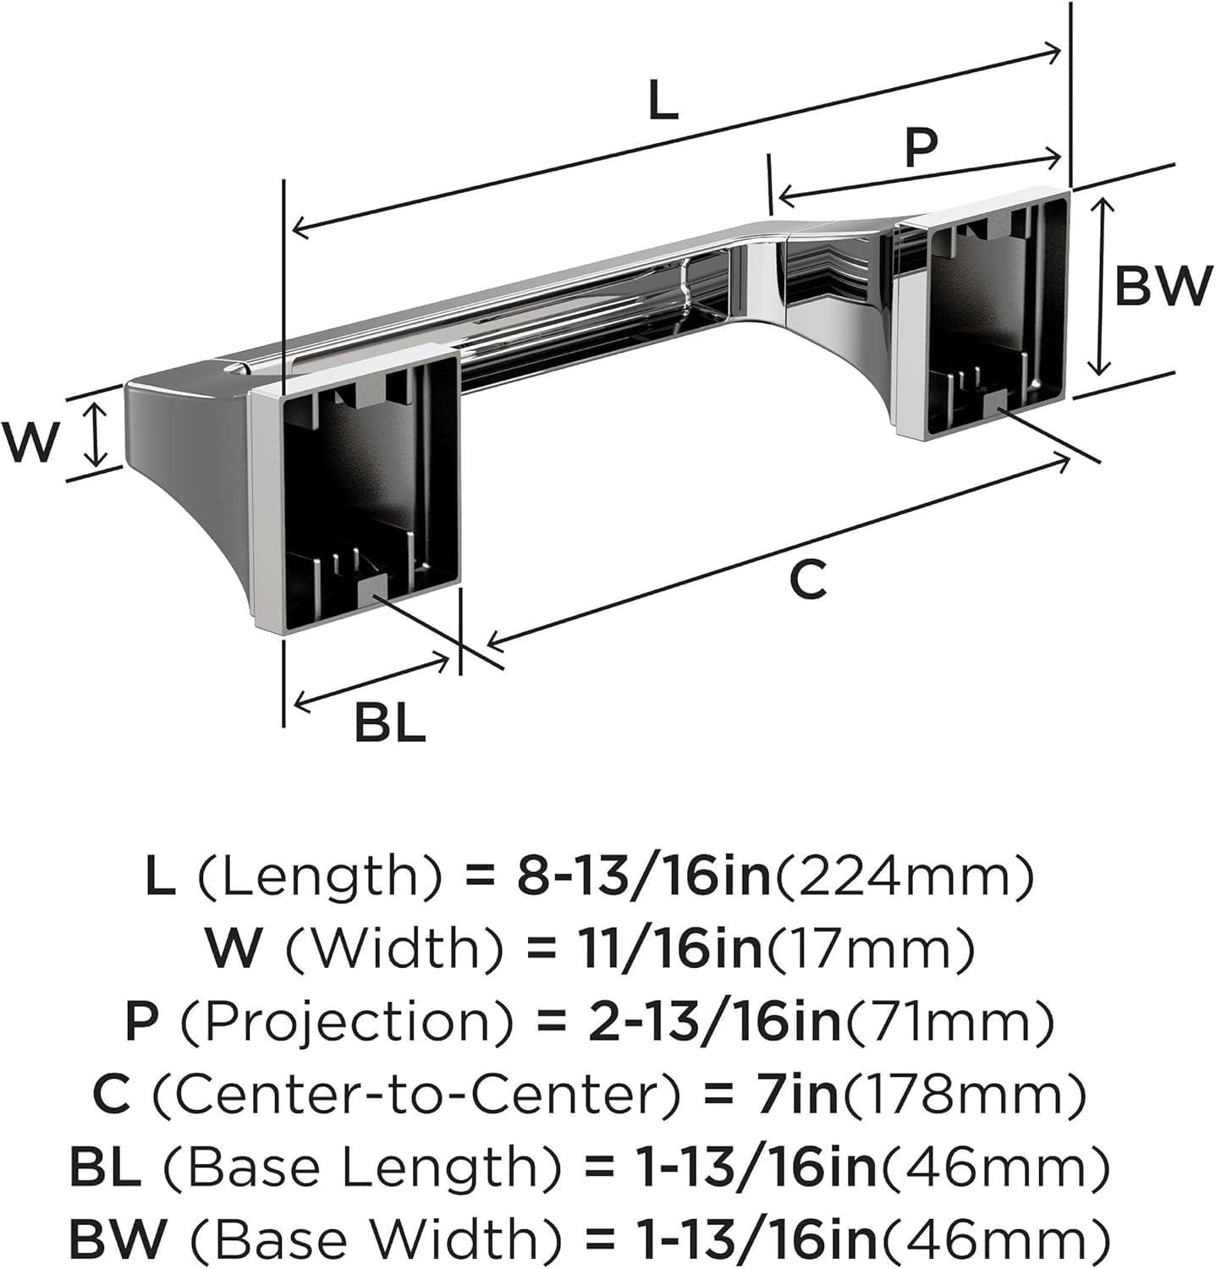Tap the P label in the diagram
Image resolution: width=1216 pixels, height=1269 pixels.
coord(921,146)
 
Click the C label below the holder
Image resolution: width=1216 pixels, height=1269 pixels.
coord(807,580)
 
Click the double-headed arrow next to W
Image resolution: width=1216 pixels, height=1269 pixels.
coord(97,435)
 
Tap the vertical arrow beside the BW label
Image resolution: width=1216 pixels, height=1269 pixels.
coord(1099,286)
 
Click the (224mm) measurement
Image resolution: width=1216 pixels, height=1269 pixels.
coord(904,877)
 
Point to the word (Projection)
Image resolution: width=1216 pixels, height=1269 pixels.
coord(346,1022)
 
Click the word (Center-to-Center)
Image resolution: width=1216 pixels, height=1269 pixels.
coord(415,1095)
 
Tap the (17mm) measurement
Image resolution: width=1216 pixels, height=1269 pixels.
coord(870,949)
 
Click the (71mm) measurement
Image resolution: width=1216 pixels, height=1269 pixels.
coord(948,1022)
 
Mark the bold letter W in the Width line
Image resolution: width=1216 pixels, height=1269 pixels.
coord(233,949)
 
